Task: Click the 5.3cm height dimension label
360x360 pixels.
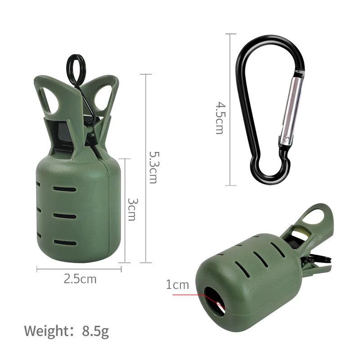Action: coord(153,167)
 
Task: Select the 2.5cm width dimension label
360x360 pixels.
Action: coord(80,279)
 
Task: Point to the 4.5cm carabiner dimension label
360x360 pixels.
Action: coord(219,118)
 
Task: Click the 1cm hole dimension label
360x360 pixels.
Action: coord(178,285)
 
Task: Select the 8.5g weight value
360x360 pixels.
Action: coord(95,331)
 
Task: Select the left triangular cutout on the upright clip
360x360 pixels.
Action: coord(52,101)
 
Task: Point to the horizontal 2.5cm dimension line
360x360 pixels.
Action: coord(79,269)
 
